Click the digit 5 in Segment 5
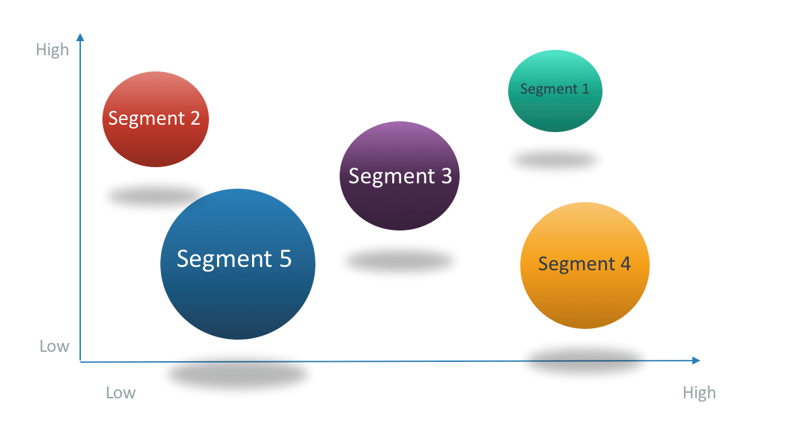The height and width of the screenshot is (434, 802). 284,259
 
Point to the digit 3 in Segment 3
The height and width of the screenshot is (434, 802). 445,176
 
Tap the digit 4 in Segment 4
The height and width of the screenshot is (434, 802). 624,263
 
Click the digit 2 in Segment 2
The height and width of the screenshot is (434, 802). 194,119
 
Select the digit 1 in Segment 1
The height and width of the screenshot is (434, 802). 584,89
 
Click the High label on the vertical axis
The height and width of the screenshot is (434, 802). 53,50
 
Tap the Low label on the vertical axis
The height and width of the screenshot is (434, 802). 54,346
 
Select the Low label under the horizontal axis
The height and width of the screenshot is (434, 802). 121,393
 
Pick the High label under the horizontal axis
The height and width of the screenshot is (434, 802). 699,393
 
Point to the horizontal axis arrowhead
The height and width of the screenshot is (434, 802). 696,361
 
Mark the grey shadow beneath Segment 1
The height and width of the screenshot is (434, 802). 555,160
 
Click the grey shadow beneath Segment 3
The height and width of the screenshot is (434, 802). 399,261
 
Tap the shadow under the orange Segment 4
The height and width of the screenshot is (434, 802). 584,359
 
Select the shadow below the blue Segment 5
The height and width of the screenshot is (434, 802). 237,373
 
